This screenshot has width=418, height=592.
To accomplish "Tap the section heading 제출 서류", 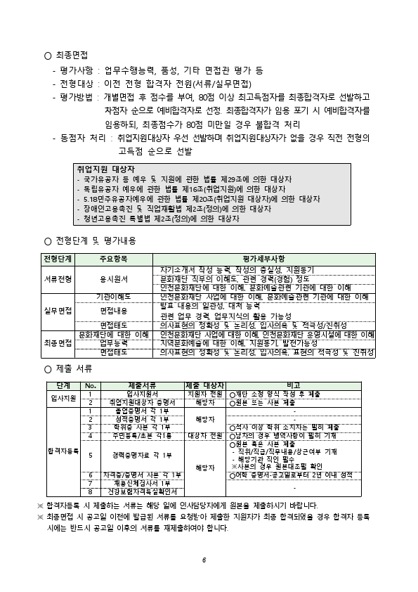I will tap(73, 368).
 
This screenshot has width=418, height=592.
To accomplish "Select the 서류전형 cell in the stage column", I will tap(58, 278).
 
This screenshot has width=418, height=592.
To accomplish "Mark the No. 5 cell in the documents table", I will tap(90, 455).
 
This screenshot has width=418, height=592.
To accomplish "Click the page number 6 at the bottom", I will tap(203, 560).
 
